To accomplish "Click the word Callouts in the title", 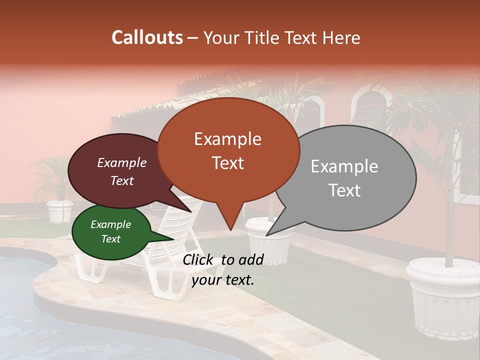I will (x=147, y=37).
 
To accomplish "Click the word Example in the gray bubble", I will (x=344, y=166).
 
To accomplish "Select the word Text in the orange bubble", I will (x=228, y=163).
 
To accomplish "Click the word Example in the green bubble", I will (x=110, y=224).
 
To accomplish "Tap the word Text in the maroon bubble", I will (x=122, y=180).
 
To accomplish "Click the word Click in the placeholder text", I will (x=199, y=259).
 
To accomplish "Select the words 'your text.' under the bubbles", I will (x=223, y=279).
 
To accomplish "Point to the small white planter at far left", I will (x=60, y=211).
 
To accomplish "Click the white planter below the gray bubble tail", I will (x=268, y=245).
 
